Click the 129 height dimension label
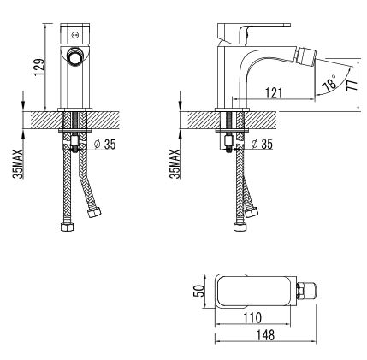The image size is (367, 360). coord(39,68)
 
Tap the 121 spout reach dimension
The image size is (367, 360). coord(274,93)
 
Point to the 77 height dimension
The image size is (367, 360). coord(352,82)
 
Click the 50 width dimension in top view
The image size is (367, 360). coord(200,291)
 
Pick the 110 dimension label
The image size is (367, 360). coord(252,317)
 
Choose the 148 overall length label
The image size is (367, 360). coord(265,335)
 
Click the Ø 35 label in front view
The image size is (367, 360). coord(105,145)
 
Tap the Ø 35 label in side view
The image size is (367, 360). coord(262,144)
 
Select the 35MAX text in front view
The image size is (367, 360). coord(19,164)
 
